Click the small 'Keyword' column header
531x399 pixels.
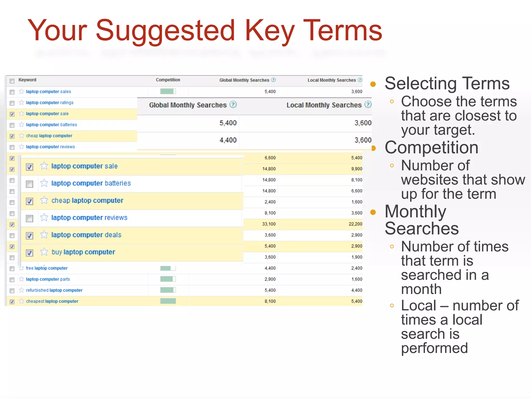point(27,80)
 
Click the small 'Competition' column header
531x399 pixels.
point(168,80)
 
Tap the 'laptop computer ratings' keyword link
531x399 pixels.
point(50,103)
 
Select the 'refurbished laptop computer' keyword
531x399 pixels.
point(54,290)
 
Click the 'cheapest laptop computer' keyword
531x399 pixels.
point(52,301)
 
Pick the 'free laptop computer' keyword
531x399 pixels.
point(47,268)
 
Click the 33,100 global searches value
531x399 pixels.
point(269,224)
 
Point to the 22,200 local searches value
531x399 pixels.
point(355,224)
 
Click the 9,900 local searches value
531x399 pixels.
point(357,169)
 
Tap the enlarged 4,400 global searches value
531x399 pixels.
point(228,140)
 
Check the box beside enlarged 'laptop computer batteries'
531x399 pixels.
point(30,184)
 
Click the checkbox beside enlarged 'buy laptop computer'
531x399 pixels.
point(30,253)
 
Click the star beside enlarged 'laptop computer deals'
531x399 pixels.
point(44,235)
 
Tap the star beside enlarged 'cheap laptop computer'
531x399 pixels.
point(44,200)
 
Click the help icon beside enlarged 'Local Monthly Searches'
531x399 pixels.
point(368,105)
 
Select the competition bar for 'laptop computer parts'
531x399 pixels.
point(168,279)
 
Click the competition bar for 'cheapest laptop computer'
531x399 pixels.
point(168,301)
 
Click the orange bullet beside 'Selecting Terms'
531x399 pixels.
point(373,84)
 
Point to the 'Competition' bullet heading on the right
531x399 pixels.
point(431,148)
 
